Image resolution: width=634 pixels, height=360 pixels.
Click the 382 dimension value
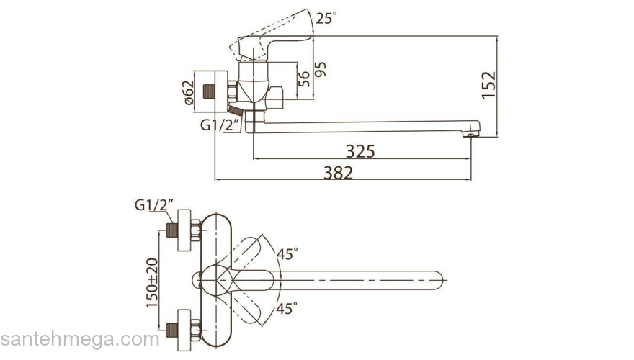tap(338, 173)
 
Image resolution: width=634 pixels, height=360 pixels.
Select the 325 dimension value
tap(360, 151)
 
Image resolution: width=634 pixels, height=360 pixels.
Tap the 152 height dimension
tap(488, 85)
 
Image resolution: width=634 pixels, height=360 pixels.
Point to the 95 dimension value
tap(320, 70)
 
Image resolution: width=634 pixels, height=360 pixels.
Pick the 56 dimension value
tap(304, 78)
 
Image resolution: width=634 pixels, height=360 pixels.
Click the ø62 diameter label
tap(189, 93)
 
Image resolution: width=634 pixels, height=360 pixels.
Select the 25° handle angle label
tap(326, 18)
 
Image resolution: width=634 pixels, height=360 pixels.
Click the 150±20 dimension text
tap(152, 283)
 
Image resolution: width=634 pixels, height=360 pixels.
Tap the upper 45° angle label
tap(287, 254)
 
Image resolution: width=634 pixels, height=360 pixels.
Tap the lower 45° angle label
tap(287, 309)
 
